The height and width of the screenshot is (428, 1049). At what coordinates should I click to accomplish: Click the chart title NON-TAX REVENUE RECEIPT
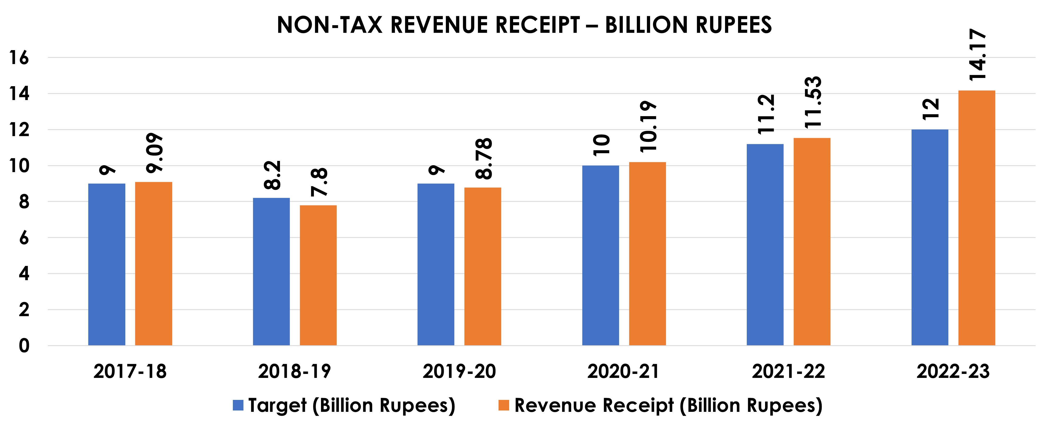click(524, 25)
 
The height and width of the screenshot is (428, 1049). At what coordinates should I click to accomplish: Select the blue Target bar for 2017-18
click(107, 265)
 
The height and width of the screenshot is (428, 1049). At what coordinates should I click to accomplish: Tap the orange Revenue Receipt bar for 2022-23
click(976, 218)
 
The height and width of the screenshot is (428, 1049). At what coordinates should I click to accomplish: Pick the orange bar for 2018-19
click(318, 276)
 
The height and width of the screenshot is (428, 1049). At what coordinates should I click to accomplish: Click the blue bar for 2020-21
click(600, 256)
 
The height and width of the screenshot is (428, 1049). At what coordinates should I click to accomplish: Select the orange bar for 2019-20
click(483, 267)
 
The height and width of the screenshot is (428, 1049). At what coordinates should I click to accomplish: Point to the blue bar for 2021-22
click(765, 244)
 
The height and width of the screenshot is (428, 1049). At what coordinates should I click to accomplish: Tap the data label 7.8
click(319, 182)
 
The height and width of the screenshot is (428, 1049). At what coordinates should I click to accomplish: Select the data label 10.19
click(648, 127)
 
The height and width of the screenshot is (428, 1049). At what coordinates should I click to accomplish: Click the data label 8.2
click(272, 175)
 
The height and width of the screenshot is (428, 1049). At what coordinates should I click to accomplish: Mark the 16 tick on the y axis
click(19, 58)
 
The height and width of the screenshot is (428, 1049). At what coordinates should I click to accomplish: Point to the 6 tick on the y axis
click(24, 238)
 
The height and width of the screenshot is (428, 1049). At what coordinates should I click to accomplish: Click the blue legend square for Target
click(238, 405)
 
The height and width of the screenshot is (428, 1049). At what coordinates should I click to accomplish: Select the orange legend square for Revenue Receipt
click(504, 405)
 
